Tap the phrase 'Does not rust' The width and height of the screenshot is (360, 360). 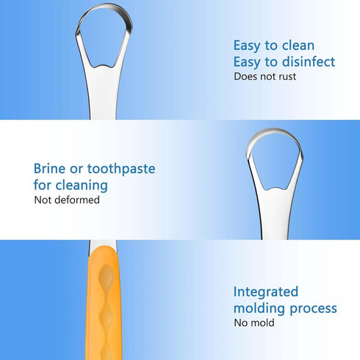[x=265, y=76]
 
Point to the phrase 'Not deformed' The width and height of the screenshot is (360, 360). [x=66, y=200]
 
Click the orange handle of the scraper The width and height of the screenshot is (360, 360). [x=105, y=309]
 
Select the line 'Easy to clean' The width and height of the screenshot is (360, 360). [x=274, y=45]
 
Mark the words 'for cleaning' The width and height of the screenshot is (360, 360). [x=71, y=185]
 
